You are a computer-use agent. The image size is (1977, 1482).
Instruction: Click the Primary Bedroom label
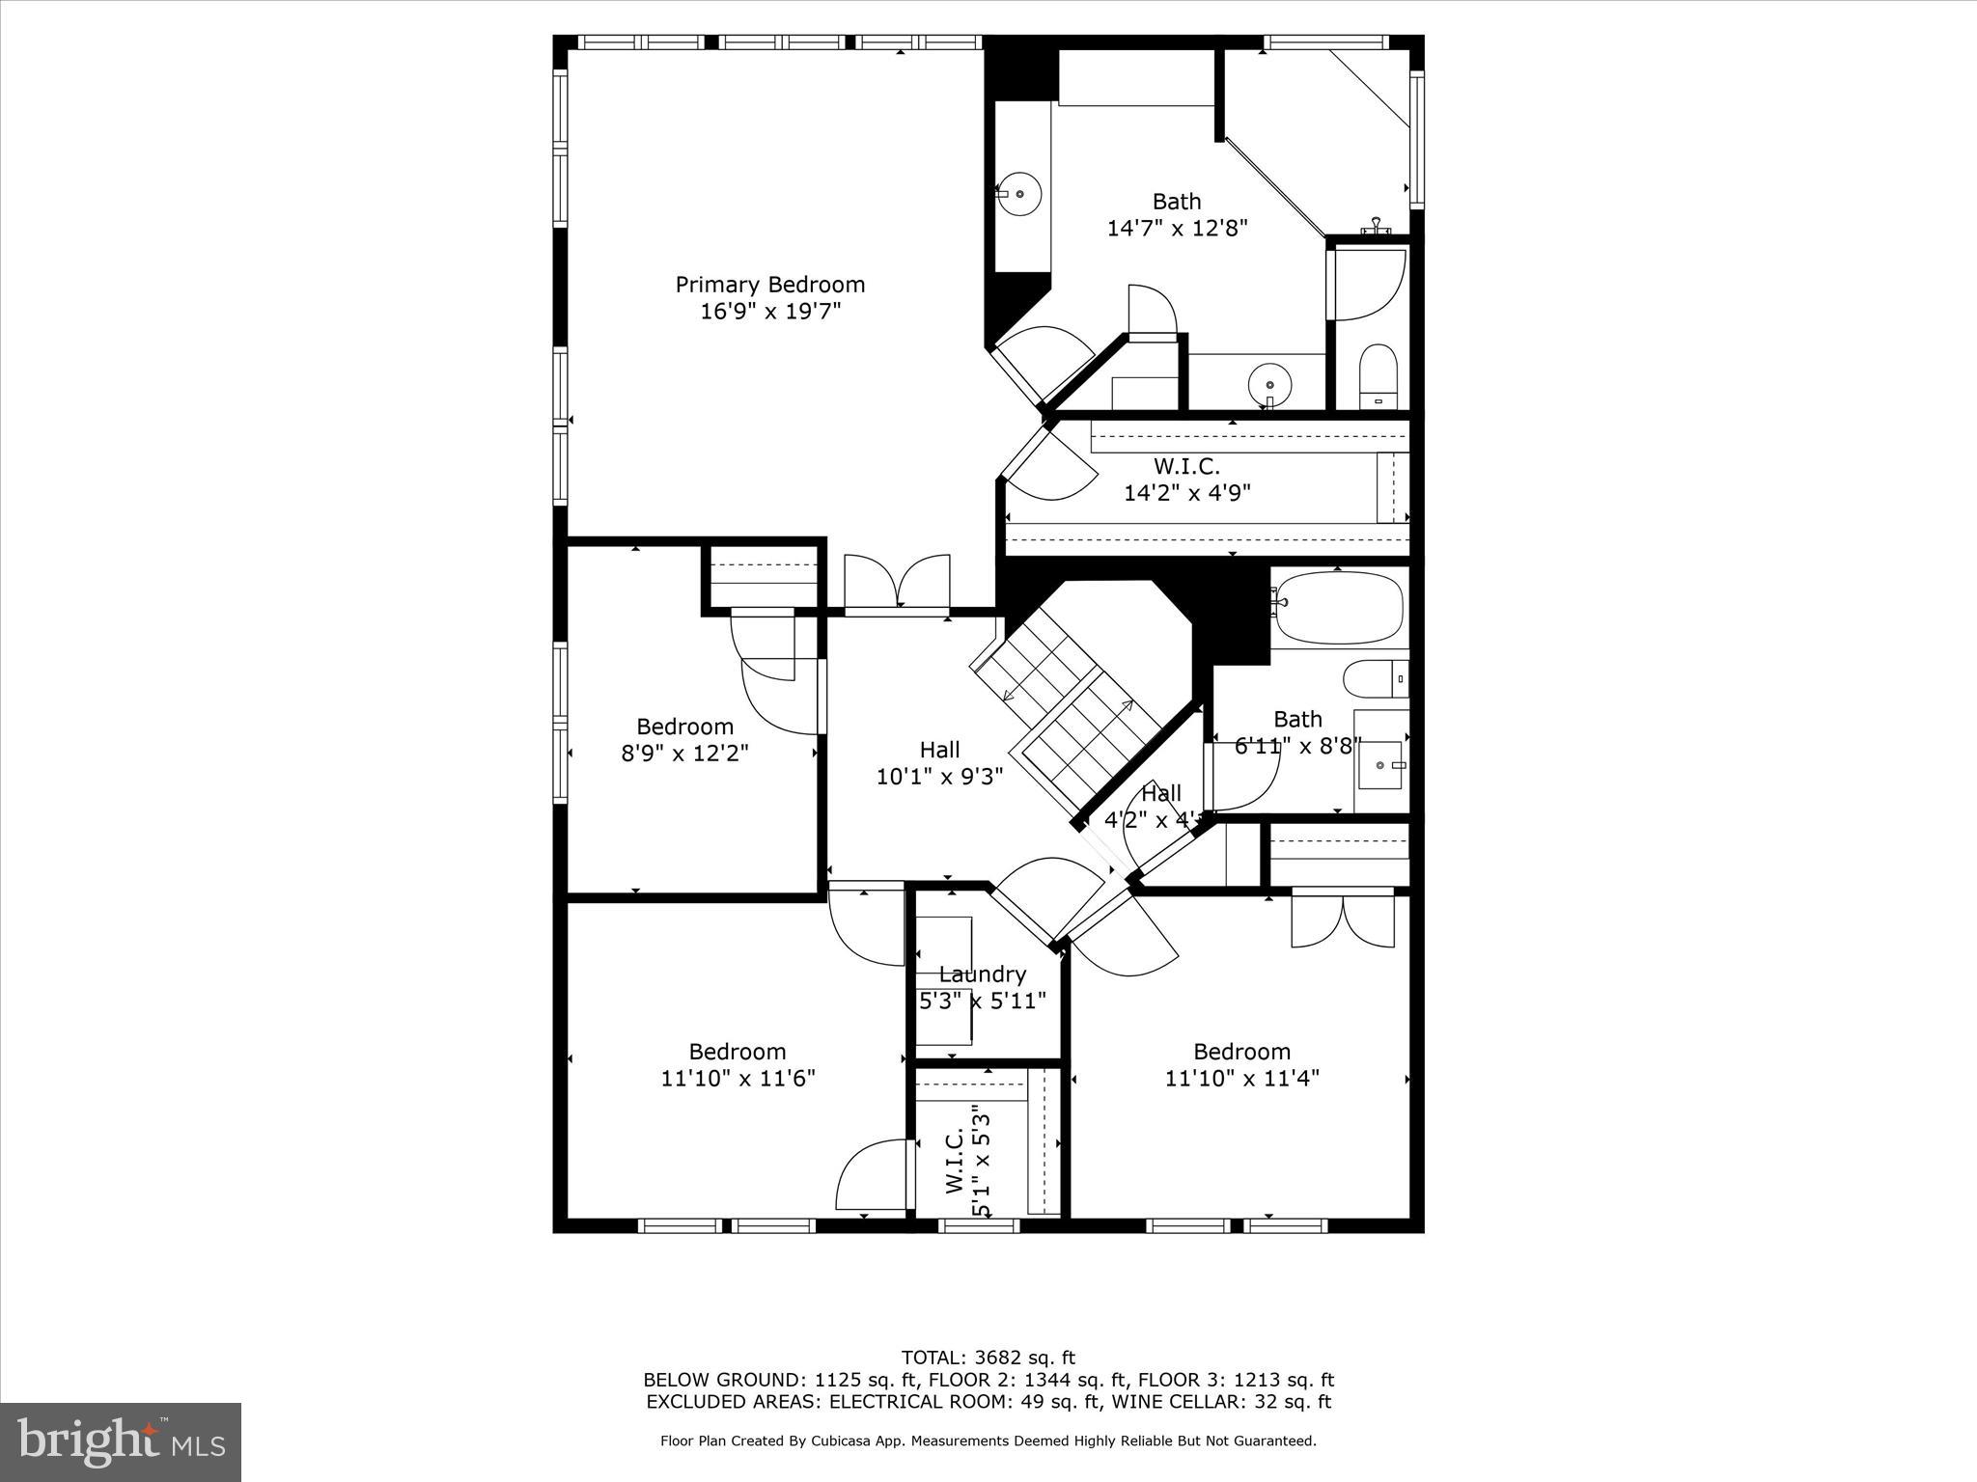(x=769, y=285)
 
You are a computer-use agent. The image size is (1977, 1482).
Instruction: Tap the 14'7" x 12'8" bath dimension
(x=1177, y=229)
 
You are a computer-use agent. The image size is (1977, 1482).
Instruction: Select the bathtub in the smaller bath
(x=1338, y=607)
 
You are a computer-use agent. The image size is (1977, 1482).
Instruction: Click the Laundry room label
(x=982, y=974)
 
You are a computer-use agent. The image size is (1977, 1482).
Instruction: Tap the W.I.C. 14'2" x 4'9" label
(x=1186, y=480)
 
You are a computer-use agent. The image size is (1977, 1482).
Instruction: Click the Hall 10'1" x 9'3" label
(x=939, y=763)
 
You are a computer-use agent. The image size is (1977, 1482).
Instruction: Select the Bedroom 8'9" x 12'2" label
(x=684, y=740)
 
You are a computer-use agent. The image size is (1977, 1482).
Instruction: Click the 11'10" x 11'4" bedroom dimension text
(x=1241, y=1079)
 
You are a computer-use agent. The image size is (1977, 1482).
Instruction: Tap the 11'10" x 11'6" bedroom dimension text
(x=738, y=1079)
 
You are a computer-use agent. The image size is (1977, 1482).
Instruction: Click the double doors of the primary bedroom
(x=897, y=584)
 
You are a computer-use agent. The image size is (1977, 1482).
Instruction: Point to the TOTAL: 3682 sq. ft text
(x=988, y=1358)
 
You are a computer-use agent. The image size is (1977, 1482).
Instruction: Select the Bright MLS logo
(x=121, y=1442)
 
